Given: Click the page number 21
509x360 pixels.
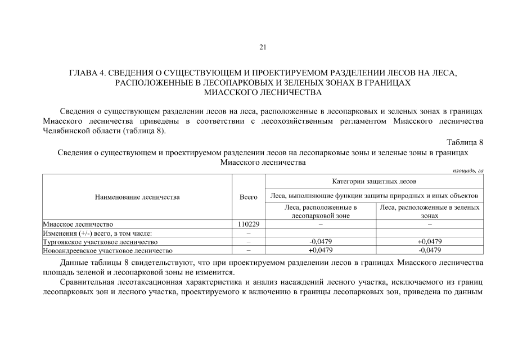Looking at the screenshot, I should click(262, 47).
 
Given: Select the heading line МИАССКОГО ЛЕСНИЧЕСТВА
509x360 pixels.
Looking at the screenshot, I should click(262, 92).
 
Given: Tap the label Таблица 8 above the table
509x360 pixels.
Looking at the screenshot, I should click(465, 141).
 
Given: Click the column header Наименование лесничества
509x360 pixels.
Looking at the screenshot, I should click(137, 197).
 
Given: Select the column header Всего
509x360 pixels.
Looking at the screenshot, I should click(248, 197).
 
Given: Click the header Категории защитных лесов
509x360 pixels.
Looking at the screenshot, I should click(374, 181).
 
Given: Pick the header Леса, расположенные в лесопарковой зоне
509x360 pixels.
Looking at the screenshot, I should click(320, 211).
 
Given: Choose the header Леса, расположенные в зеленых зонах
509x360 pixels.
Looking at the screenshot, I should click(430, 211).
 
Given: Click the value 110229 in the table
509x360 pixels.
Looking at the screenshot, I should click(248, 224).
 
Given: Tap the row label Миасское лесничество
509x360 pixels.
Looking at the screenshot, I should click(78, 224).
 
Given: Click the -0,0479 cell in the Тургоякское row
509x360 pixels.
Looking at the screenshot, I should click(321, 242).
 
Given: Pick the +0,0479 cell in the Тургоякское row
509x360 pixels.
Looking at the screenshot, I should click(430, 242).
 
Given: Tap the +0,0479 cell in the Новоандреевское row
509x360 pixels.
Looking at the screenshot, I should click(321, 250).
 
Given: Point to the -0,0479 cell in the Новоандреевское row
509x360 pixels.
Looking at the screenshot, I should click(430, 250).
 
